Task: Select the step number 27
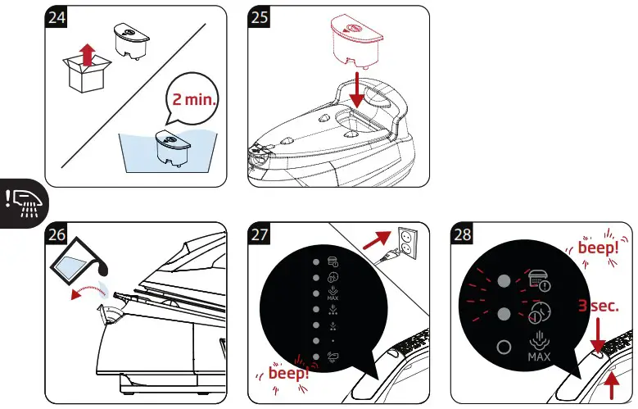[260, 234]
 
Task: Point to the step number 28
[464, 234]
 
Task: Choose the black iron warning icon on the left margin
[24, 201]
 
